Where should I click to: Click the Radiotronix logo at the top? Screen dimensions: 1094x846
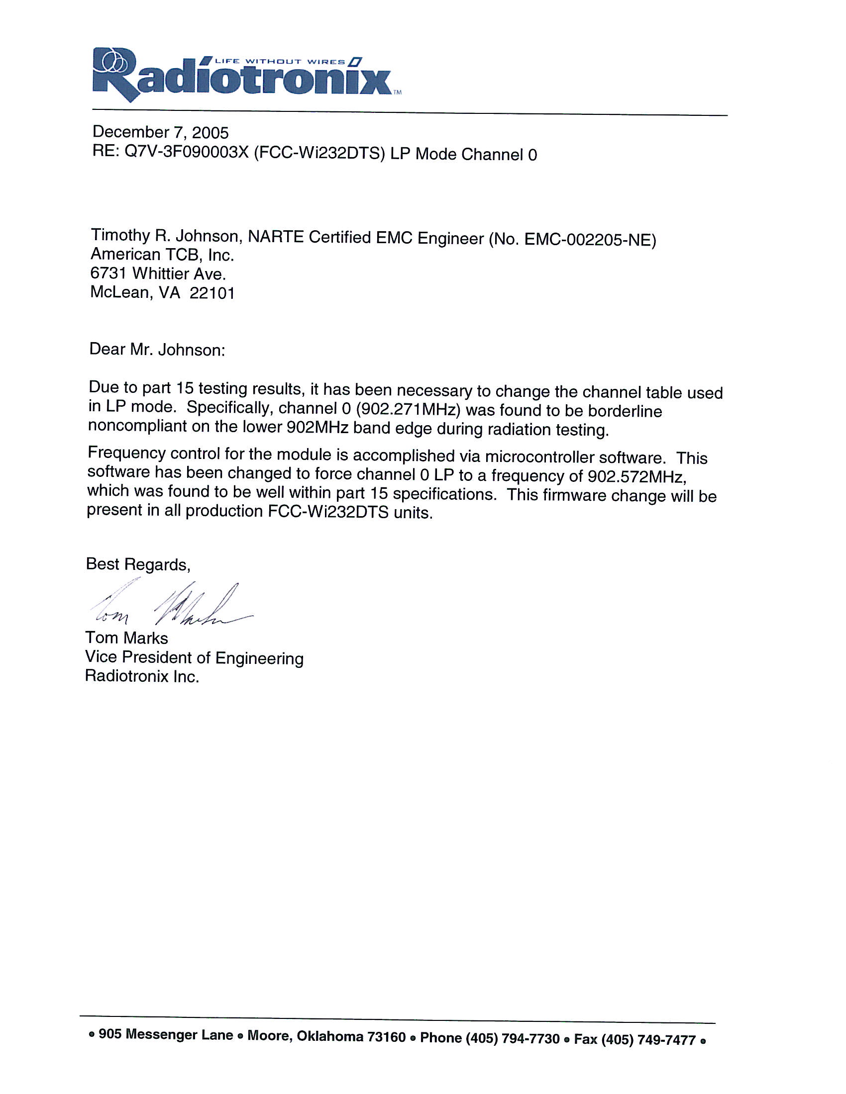[240, 75]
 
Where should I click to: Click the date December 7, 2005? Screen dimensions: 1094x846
[160, 132]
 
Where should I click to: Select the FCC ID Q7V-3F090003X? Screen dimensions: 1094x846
[187, 152]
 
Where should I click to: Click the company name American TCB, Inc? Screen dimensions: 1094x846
[162, 255]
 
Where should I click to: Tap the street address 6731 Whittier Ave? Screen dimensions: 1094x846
[158, 273]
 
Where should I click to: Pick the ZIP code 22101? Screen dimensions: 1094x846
[212, 293]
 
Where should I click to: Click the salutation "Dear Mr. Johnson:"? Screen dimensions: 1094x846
[157, 350]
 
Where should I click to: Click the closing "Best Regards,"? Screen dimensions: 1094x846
[138, 564]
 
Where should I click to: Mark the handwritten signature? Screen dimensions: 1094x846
[170, 605]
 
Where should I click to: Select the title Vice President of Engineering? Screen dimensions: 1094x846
[194, 658]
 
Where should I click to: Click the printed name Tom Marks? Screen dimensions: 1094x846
[126, 638]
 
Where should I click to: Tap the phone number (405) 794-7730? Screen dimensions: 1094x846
[512, 1039]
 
